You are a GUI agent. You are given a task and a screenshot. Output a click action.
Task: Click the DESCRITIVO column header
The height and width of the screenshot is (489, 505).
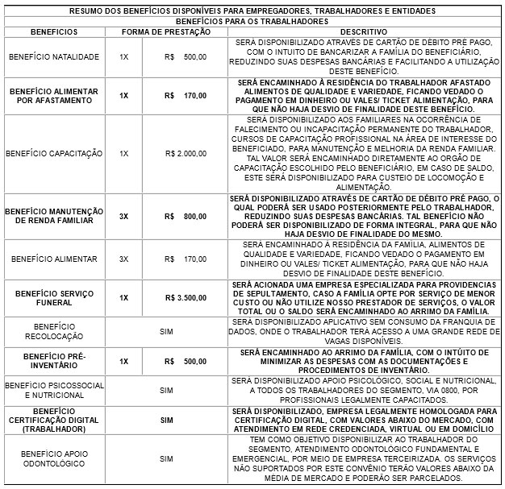pos(365,31)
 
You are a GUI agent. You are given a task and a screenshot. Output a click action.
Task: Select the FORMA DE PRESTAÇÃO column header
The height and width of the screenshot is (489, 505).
pos(167,31)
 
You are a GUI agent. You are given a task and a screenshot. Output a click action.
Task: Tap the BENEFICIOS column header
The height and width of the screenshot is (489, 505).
pos(54,31)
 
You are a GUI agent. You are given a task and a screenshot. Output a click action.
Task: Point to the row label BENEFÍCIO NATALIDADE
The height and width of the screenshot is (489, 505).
pos(53,57)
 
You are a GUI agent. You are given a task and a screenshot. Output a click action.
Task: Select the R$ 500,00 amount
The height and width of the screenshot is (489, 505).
pos(185,57)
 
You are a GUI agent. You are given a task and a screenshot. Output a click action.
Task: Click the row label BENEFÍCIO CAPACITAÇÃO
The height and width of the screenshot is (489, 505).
pos(54,152)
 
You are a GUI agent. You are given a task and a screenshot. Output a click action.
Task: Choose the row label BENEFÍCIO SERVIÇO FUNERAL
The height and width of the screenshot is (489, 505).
pos(54,297)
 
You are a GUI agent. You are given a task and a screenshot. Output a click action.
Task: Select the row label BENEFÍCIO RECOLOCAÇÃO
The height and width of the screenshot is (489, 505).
pos(54,329)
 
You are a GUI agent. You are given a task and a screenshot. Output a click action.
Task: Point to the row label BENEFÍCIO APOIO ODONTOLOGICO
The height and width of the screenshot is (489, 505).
pos(54,458)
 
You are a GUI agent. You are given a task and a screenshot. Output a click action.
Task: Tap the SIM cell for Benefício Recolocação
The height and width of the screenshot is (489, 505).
pos(167,329)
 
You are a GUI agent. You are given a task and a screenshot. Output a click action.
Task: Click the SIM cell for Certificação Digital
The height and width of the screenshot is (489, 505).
pos(167,420)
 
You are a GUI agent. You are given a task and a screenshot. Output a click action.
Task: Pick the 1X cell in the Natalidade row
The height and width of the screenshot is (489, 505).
pos(123,57)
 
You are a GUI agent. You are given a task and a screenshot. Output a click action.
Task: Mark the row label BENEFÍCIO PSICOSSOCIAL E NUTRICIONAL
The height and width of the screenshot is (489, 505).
pos(54,390)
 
